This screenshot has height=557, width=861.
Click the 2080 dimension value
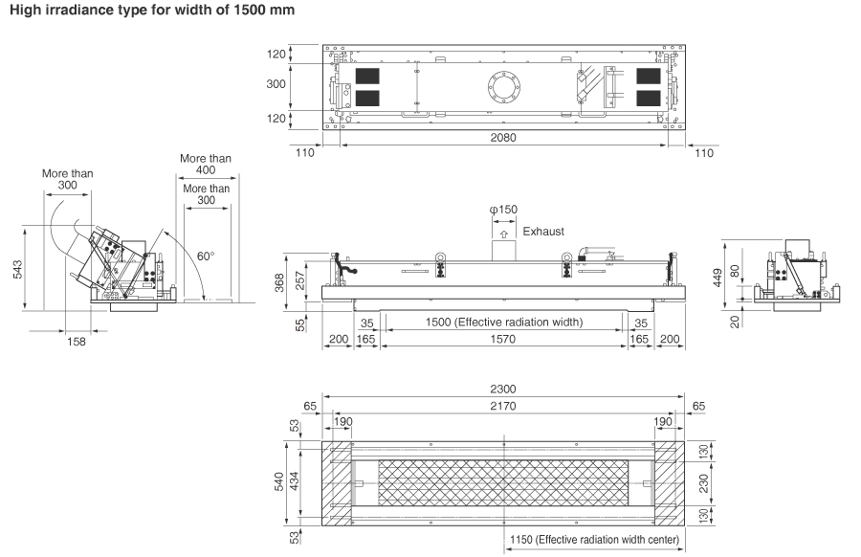(503, 137)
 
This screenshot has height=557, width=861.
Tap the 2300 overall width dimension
(503, 389)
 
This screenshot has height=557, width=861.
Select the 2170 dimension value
(503, 406)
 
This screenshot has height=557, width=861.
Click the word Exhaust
(543, 232)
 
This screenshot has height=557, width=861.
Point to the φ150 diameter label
(503, 210)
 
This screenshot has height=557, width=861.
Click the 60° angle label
(206, 256)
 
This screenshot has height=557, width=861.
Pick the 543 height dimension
(17, 270)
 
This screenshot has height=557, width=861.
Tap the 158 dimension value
(77, 342)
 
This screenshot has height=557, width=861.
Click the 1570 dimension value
(503, 339)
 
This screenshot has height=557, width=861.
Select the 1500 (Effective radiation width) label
(504, 322)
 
